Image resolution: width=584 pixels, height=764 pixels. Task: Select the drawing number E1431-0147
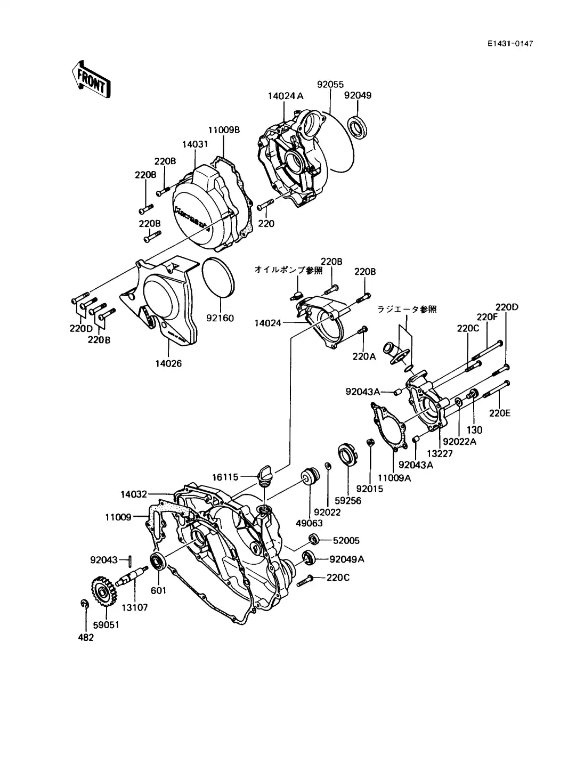[x=510, y=44]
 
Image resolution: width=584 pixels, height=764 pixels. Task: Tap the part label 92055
[x=330, y=84]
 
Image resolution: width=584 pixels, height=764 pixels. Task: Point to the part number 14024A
[x=286, y=96]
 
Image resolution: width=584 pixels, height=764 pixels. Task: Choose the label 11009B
[x=224, y=129]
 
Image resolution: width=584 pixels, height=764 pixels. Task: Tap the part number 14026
[x=168, y=364]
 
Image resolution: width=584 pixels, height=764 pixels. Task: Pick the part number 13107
[x=134, y=607]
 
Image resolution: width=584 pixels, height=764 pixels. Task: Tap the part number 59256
[x=348, y=501]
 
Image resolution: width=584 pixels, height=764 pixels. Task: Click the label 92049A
[x=347, y=559]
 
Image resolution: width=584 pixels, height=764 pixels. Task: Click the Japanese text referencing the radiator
[x=407, y=309]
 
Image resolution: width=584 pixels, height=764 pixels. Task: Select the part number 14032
[x=133, y=494]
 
